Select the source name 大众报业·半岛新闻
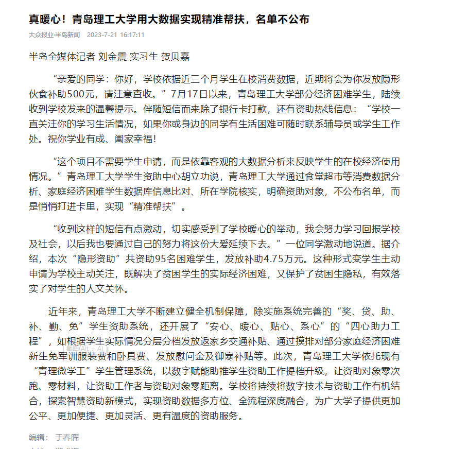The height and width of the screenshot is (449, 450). (54, 35)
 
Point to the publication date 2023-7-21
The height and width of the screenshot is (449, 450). (102, 35)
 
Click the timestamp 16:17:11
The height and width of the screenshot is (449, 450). (132, 35)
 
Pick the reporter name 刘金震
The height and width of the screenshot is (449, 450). (112, 57)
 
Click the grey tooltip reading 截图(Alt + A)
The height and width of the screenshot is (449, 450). (85, 349)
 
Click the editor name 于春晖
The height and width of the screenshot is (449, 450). (67, 437)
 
